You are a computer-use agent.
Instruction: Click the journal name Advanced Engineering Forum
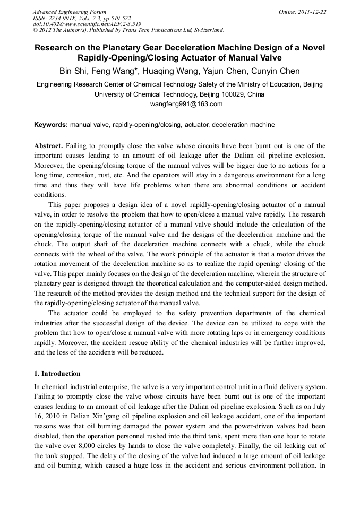coord(69,12)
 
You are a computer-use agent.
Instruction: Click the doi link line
coord(87,24)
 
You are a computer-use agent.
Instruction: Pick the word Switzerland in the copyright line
coord(207,30)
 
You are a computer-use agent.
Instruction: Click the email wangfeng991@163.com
coord(180,104)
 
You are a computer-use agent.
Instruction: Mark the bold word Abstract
coord(49,146)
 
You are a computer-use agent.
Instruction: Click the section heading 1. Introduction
coord(57,374)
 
